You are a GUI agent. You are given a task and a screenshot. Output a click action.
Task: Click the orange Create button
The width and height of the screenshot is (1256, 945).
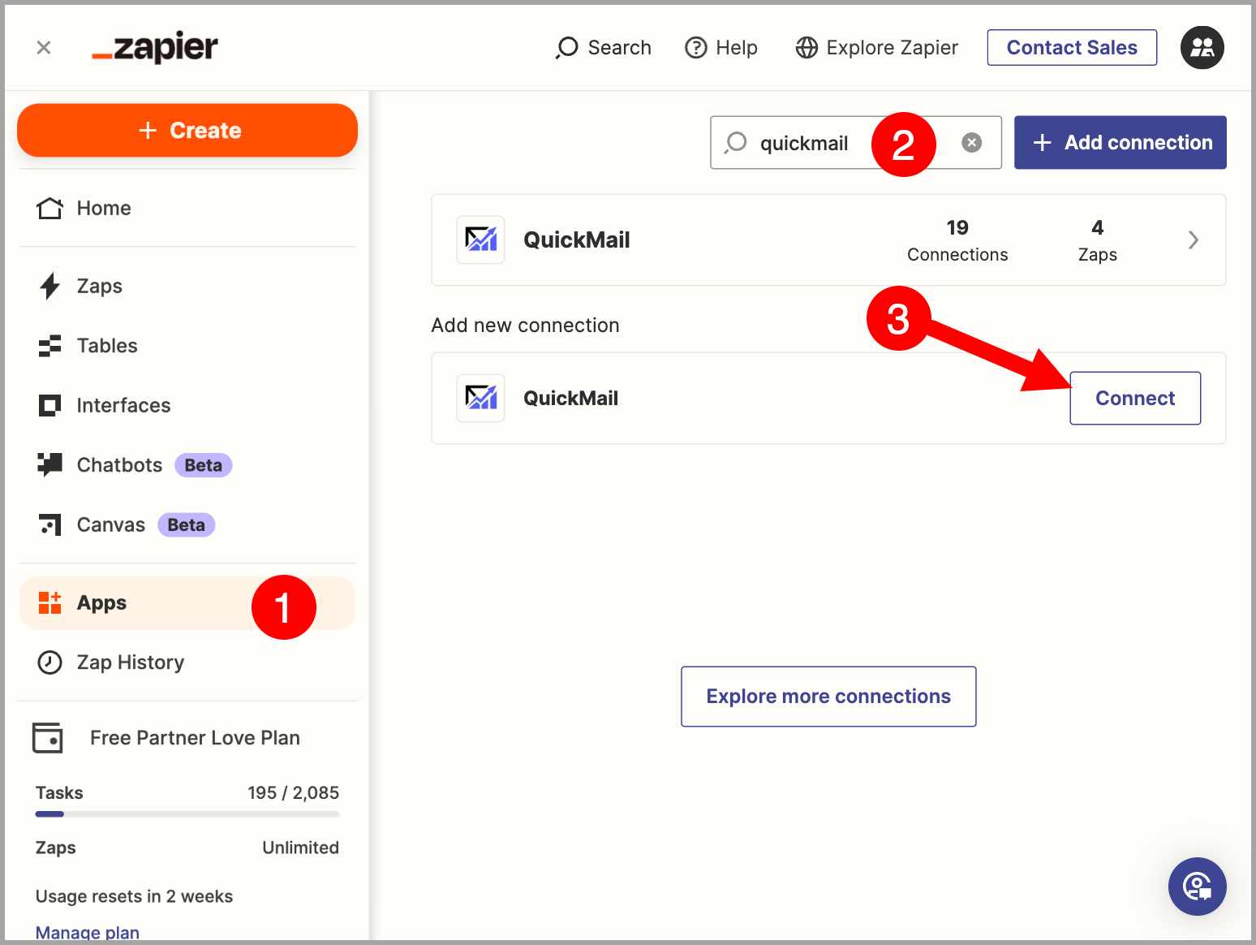[187, 131]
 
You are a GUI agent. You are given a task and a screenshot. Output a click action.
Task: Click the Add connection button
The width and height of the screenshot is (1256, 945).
[1120, 143]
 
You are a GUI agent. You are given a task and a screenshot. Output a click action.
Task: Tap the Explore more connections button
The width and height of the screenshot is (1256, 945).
[828, 696]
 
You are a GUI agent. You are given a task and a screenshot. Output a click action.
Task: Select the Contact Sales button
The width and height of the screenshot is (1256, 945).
[1072, 48]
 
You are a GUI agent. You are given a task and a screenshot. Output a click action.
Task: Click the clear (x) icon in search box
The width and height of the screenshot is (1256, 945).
[971, 143]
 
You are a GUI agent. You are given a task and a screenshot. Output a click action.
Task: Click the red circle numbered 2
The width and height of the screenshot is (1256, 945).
[903, 145]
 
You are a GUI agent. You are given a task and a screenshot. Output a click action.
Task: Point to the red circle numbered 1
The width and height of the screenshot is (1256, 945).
[284, 606]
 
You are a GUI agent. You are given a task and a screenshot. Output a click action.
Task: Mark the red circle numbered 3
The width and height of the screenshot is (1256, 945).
[898, 318]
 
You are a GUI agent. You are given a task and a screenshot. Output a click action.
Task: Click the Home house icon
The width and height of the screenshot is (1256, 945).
[49, 209]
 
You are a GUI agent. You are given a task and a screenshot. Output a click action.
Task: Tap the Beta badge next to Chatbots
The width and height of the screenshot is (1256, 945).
[203, 464]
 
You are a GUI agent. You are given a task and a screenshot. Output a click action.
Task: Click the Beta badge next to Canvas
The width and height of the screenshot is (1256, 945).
[186, 525]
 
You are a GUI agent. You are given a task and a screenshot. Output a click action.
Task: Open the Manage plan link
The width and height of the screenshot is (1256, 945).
[88, 932]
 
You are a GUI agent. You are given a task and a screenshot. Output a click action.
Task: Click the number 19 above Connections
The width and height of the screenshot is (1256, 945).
[957, 228]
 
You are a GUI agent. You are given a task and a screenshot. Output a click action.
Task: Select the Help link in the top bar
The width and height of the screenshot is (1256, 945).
[721, 48]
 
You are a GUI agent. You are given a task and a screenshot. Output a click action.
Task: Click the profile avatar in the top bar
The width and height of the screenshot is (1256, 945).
[1202, 48]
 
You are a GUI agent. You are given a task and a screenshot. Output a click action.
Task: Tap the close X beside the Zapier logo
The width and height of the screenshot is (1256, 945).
[44, 48]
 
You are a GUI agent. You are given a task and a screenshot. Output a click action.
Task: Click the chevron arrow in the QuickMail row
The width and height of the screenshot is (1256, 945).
[1193, 239]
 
